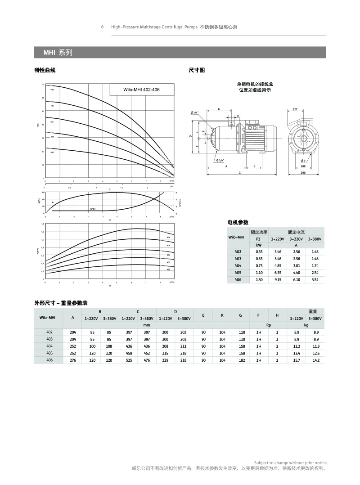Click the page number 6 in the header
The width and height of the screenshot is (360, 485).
(x=102, y=27)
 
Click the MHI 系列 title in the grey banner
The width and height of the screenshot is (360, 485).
(x=57, y=53)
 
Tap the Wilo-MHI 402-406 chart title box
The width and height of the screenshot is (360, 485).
(x=141, y=90)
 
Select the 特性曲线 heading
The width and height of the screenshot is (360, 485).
(x=45, y=70)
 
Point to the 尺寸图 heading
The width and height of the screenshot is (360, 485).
(x=197, y=70)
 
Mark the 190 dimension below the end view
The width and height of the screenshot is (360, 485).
(x=303, y=172)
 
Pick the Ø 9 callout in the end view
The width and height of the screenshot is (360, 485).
(x=303, y=160)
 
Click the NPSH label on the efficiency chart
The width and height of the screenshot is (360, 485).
(x=93, y=209)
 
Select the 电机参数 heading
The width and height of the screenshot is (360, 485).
(x=238, y=222)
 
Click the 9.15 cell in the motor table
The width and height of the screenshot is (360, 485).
(x=278, y=279)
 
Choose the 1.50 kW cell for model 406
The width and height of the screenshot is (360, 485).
(x=259, y=279)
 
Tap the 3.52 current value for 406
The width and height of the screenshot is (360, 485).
(x=315, y=279)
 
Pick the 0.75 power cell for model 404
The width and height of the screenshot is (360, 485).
(x=259, y=265)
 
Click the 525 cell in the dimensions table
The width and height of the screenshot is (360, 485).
(x=129, y=360)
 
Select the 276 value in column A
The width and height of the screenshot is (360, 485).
(x=73, y=360)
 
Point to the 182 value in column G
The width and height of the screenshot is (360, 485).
(x=242, y=360)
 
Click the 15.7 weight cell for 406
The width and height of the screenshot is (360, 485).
(x=297, y=360)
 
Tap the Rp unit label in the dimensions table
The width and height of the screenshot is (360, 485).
(x=268, y=324)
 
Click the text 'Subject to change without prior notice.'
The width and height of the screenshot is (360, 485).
(x=291, y=463)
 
